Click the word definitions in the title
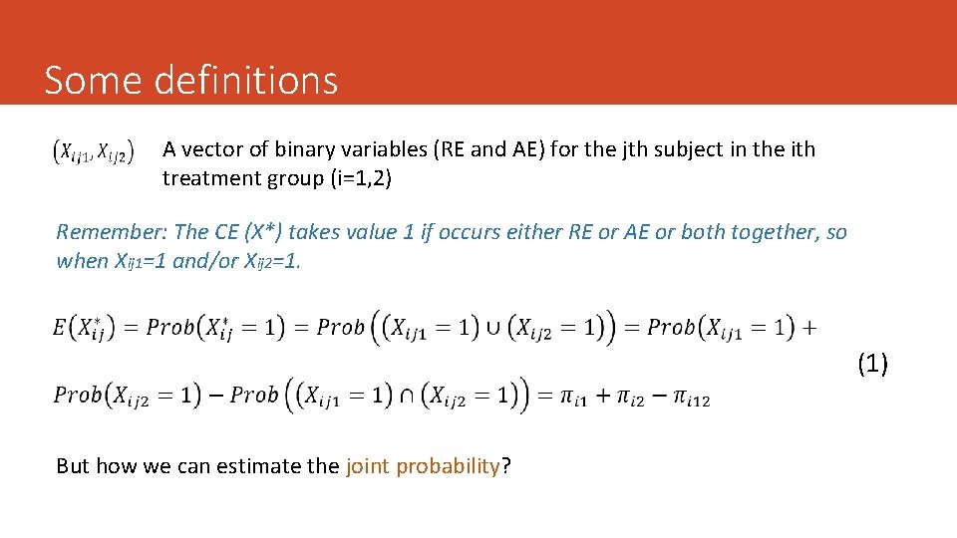[x=247, y=80]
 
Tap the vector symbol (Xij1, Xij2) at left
[x=93, y=152]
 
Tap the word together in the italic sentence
[x=777, y=232]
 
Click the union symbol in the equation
[x=493, y=327]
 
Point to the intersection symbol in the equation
[x=409, y=395]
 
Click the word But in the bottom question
[x=74, y=465]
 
